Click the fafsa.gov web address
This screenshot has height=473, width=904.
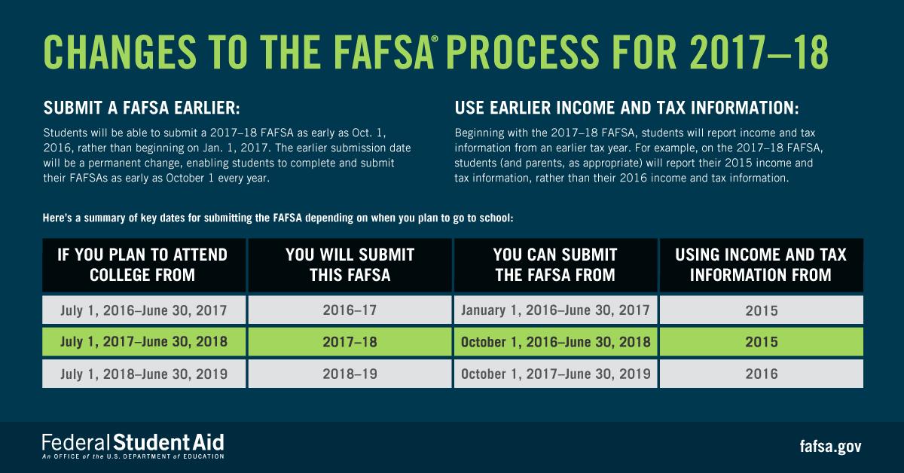(829, 446)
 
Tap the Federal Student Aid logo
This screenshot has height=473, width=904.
(133, 445)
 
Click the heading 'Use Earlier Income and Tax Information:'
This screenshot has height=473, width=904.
(627, 108)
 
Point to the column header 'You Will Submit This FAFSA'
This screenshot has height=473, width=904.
(350, 265)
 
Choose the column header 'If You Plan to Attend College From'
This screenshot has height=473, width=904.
(143, 265)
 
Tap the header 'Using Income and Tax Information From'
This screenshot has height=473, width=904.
(761, 265)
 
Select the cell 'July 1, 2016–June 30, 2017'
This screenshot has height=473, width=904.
(143, 310)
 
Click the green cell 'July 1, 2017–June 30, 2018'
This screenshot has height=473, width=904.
(143, 341)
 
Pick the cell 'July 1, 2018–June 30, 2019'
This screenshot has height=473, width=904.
(143, 373)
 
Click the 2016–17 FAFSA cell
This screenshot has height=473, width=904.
(350, 310)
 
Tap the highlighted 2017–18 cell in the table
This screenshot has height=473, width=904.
(350, 341)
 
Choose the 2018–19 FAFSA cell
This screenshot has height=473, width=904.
(350, 373)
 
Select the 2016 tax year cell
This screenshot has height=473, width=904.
(761, 373)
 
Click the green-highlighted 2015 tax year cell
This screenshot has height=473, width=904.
(761, 341)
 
